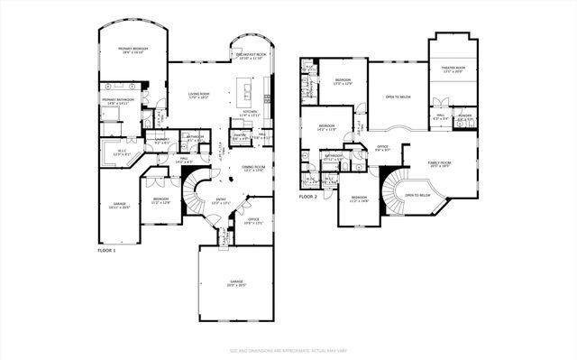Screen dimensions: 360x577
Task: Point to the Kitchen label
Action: [x=250, y=113]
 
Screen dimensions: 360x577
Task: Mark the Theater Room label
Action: [x=453, y=69]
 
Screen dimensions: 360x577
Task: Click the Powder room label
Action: [x=465, y=117]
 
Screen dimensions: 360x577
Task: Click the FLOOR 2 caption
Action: [x=309, y=196]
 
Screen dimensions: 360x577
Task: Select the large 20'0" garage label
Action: [x=235, y=282]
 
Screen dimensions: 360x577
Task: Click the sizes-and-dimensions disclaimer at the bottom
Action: [x=288, y=350]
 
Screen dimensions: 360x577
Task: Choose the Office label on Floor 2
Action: [x=382, y=146]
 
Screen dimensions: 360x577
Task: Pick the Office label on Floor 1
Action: [x=253, y=221]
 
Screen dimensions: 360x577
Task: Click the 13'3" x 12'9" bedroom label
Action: [x=343, y=81]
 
